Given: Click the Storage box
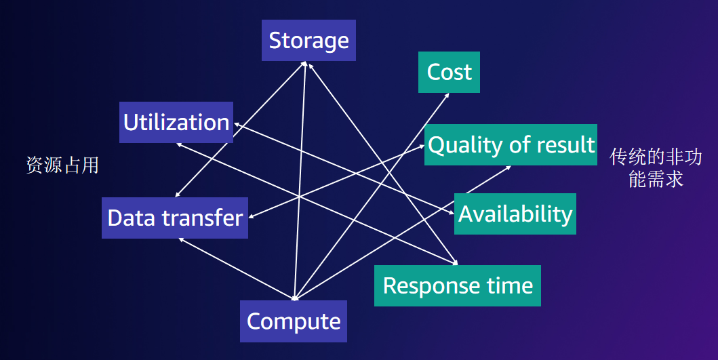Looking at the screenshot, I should pyautogui.click(x=308, y=41).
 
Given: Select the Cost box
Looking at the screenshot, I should pyautogui.click(x=449, y=72).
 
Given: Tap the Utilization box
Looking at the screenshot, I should pyautogui.click(x=176, y=123).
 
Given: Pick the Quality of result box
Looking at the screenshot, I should pyautogui.click(x=511, y=144).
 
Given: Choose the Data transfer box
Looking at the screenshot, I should pyautogui.click(x=175, y=218).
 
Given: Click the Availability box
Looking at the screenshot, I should pyautogui.click(x=515, y=214).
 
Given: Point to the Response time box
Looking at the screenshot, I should pyautogui.click(x=458, y=285).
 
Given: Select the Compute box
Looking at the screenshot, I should pyautogui.click(x=294, y=321).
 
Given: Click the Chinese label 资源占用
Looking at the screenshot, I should pyautogui.click(x=62, y=165).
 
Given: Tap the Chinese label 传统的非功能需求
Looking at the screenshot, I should pyautogui.click(x=656, y=168).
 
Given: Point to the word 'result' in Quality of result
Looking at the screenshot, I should pyautogui.click(x=565, y=144).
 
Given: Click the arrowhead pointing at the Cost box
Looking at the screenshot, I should pyautogui.click(x=447, y=96).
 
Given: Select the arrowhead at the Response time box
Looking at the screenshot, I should pyautogui.click(x=455, y=262).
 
